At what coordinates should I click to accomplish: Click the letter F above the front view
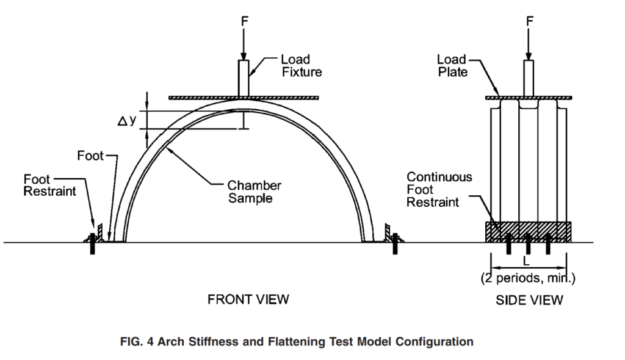[245, 21]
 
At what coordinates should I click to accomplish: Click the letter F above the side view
[529, 21]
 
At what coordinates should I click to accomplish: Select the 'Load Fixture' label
[302, 66]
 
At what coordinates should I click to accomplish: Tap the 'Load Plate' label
[452, 66]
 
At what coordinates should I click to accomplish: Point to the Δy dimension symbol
[127, 120]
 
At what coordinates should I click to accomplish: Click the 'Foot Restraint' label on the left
[49, 185]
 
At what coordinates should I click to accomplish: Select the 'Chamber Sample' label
[255, 192]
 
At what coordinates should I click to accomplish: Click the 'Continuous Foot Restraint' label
[439, 189]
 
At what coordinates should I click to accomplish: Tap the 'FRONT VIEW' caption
[248, 300]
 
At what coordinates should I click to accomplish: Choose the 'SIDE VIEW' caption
[529, 300]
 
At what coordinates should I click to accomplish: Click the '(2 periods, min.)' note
[528, 278]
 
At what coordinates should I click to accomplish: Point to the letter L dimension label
[526, 262]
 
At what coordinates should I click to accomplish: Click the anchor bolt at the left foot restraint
[93, 244]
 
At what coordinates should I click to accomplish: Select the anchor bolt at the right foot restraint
[395, 244]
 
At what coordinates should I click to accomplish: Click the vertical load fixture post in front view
[244, 78]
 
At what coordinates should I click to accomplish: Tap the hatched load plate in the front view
[244, 98]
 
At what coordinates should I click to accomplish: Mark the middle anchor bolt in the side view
[528, 244]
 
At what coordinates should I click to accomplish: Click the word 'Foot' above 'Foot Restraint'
[90, 155]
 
